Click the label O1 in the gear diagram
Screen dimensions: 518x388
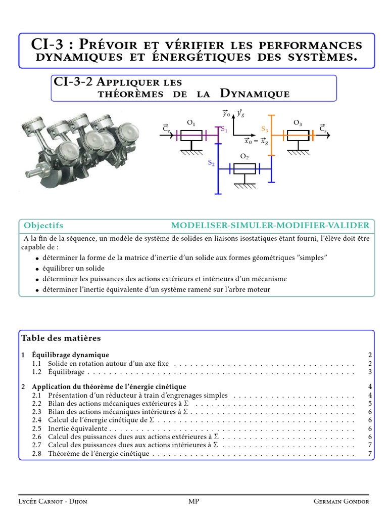191,123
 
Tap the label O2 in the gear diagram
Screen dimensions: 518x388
245,157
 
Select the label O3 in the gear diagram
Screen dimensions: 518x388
298,123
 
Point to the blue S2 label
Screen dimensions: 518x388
211,163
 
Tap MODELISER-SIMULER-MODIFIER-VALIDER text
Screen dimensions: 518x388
270,226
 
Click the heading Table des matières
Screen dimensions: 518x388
61,338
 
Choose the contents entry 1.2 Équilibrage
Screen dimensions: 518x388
66,372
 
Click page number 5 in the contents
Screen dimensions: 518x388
370,404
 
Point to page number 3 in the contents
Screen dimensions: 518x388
370,372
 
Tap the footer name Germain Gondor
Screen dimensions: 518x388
341,501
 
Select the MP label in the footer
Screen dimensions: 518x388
193,501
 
